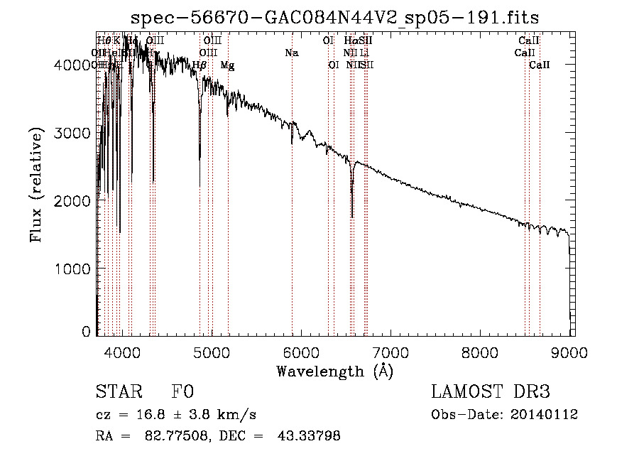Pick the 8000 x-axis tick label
coord(480,350)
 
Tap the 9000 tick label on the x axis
coord(569,350)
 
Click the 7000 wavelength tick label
coord(390,350)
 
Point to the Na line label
coord(291,53)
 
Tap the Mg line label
coord(227,65)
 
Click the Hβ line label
coord(200,65)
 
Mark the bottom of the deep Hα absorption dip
coord(352,217)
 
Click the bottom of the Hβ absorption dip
coord(200,185)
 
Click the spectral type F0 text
coord(182,393)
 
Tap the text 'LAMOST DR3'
coord(491,393)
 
